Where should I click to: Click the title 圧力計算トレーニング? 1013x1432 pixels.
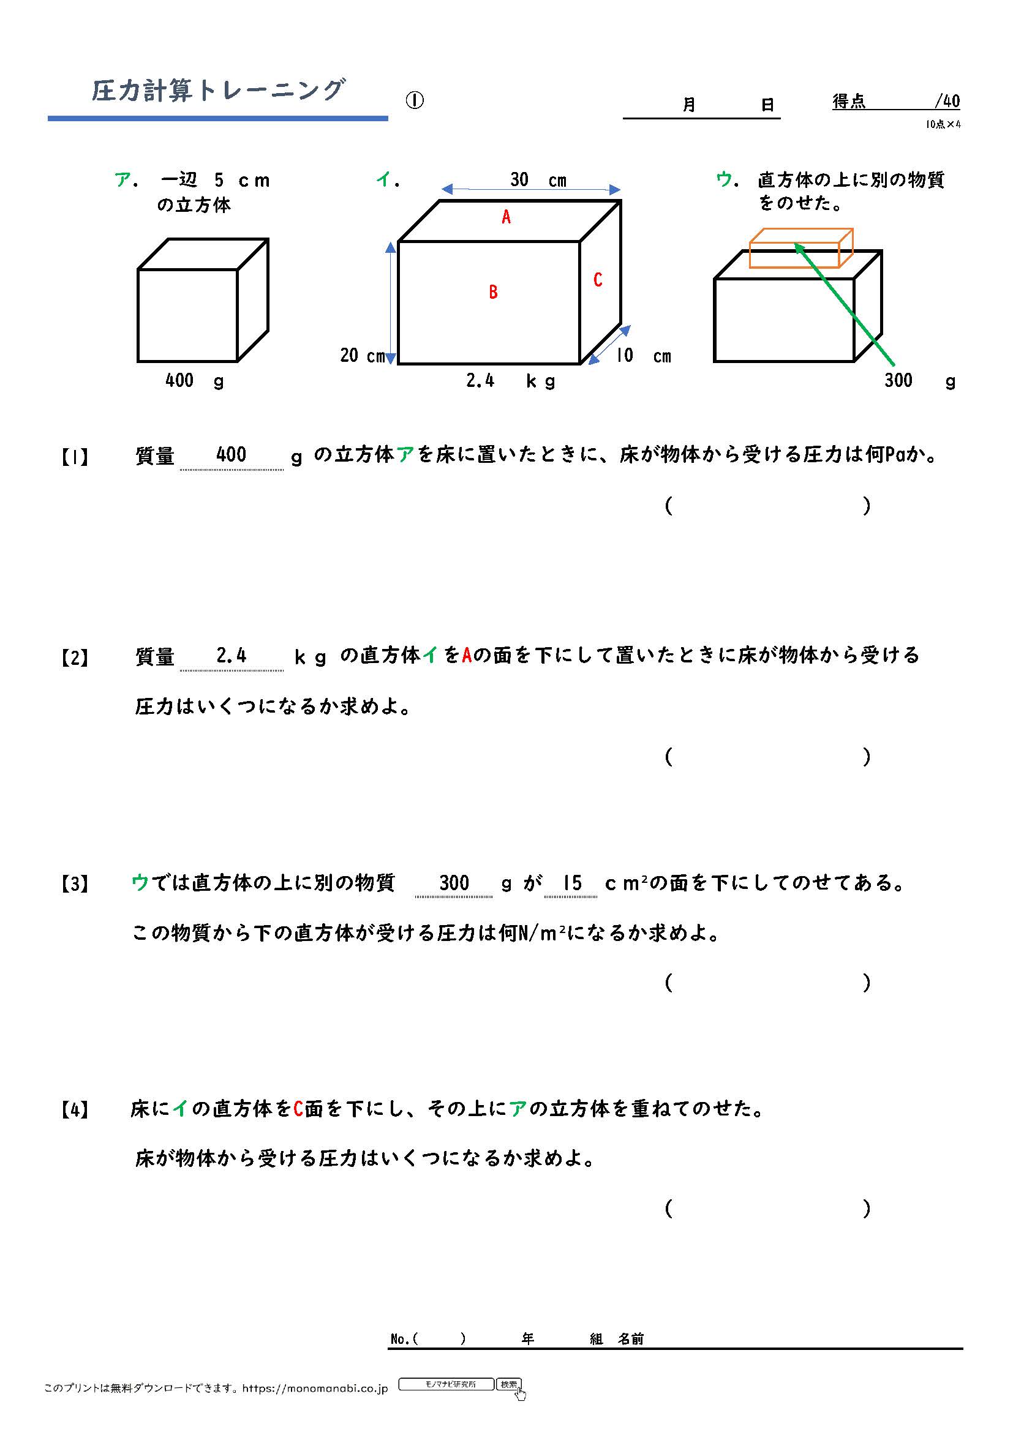click(x=217, y=91)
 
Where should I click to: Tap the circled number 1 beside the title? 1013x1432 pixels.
click(x=415, y=100)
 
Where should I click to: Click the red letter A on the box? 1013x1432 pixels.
click(x=506, y=217)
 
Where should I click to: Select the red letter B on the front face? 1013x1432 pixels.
click(x=494, y=292)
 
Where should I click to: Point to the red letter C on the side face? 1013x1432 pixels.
click(x=598, y=280)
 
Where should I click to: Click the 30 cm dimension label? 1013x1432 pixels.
click(x=537, y=180)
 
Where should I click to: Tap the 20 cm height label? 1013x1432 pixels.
click(x=362, y=356)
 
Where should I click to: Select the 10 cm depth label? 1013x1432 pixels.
click(x=643, y=356)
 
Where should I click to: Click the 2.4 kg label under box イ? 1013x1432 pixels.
click(x=510, y=380)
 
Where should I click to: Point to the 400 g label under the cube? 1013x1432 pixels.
click(x=194, y=380)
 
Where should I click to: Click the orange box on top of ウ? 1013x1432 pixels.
click(x=801, y=248)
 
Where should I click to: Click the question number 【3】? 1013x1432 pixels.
click(x=75, y=884)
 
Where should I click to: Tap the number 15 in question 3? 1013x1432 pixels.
click(x=571, y=883)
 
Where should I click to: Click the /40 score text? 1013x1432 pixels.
click(x=947, y=101)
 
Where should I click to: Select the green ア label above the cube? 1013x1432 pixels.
click(x=122, y=180)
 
